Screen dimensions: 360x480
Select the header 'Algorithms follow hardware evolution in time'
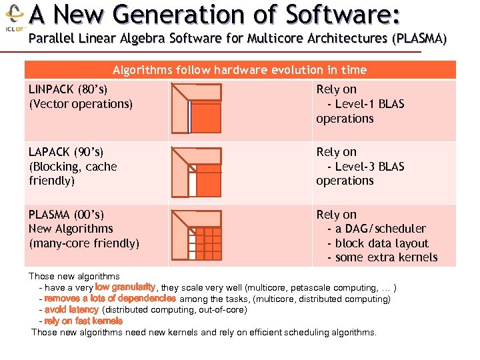point(239,70)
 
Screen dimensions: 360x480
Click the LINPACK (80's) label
point(69,89)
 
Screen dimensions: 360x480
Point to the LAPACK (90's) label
point(66,152)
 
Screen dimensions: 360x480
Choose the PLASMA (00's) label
point(67,215)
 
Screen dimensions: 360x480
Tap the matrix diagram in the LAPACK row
point(196,171)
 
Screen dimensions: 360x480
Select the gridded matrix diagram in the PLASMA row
point(196,234)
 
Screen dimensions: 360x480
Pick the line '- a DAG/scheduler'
point(376,229)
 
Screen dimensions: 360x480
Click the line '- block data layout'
point(377,243)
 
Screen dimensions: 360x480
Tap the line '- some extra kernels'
point(382,257)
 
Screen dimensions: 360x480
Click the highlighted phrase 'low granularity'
point(125,288)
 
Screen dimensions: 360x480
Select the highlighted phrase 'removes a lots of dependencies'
point(110,299)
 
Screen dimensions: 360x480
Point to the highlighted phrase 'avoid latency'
point(71,310)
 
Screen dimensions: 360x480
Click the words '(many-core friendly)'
point(84,243)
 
